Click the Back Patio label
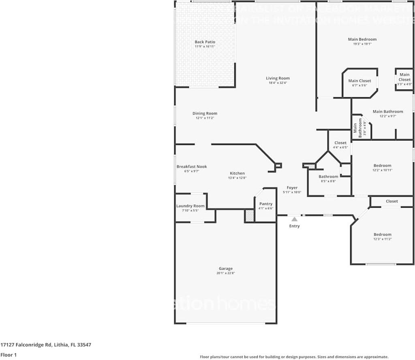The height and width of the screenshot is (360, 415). [205, 42]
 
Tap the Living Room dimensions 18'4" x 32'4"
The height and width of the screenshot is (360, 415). [278, 83]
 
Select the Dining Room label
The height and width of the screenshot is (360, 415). [205, 113]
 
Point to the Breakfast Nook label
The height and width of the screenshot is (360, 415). [192, 166]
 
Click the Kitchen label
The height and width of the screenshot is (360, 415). [237, 173]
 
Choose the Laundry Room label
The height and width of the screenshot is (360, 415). [190, 206]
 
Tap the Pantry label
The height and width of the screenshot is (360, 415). [266, 204]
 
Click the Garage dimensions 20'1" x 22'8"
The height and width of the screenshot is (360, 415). [226, 273]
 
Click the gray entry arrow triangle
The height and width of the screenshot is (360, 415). [294, 219]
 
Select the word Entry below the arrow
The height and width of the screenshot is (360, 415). [294, 226]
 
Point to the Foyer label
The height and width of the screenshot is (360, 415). [292, 187]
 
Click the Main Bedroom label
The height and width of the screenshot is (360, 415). [362, 39]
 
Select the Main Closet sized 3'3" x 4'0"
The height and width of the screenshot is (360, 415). [404, 77]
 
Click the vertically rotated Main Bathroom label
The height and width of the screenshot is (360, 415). [355, 126]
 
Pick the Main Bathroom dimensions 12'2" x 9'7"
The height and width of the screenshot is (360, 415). [387, 116]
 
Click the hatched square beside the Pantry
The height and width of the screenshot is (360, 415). [250, 216]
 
